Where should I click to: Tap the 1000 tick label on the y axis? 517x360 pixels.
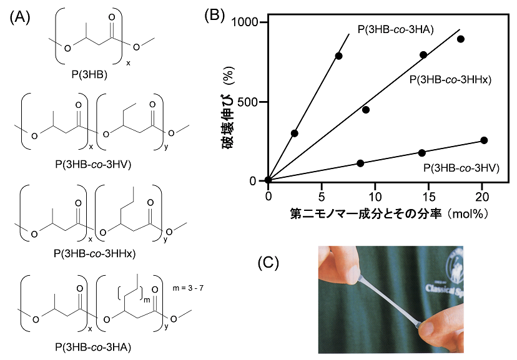point(247,22)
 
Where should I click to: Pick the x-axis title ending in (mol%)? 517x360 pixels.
point(388,213)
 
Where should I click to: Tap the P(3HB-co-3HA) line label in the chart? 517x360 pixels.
point(396,29)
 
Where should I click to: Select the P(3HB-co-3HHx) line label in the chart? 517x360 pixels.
point(451,80)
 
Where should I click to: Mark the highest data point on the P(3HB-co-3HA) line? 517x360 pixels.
point(338,56)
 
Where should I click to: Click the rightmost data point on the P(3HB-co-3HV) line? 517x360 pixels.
point(484,140)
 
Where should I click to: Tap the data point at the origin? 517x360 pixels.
point(268,180)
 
